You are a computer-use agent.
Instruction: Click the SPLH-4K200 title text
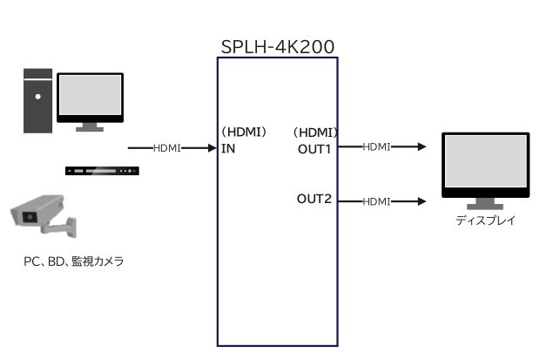pos(278,46)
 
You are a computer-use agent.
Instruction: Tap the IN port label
pos(228,148)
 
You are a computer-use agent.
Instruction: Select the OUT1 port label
pos(314,148)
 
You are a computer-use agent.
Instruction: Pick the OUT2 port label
pos(314,200)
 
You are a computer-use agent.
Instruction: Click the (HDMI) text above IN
pos(244,132)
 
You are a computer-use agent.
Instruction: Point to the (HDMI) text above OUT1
pos(316,132)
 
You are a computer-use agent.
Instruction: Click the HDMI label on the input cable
pos(166,148)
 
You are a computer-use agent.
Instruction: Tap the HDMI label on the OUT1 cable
pos(376,147)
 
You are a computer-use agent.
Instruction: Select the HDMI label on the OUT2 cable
pos(376,201)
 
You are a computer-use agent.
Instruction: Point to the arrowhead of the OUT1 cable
pos(422,147)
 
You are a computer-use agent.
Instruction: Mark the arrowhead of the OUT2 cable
pos(422,201)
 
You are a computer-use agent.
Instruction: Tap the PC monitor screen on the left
pos(90,96)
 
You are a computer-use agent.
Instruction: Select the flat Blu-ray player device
pos(102,169)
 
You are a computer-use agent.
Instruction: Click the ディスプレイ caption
pos(485,221)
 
